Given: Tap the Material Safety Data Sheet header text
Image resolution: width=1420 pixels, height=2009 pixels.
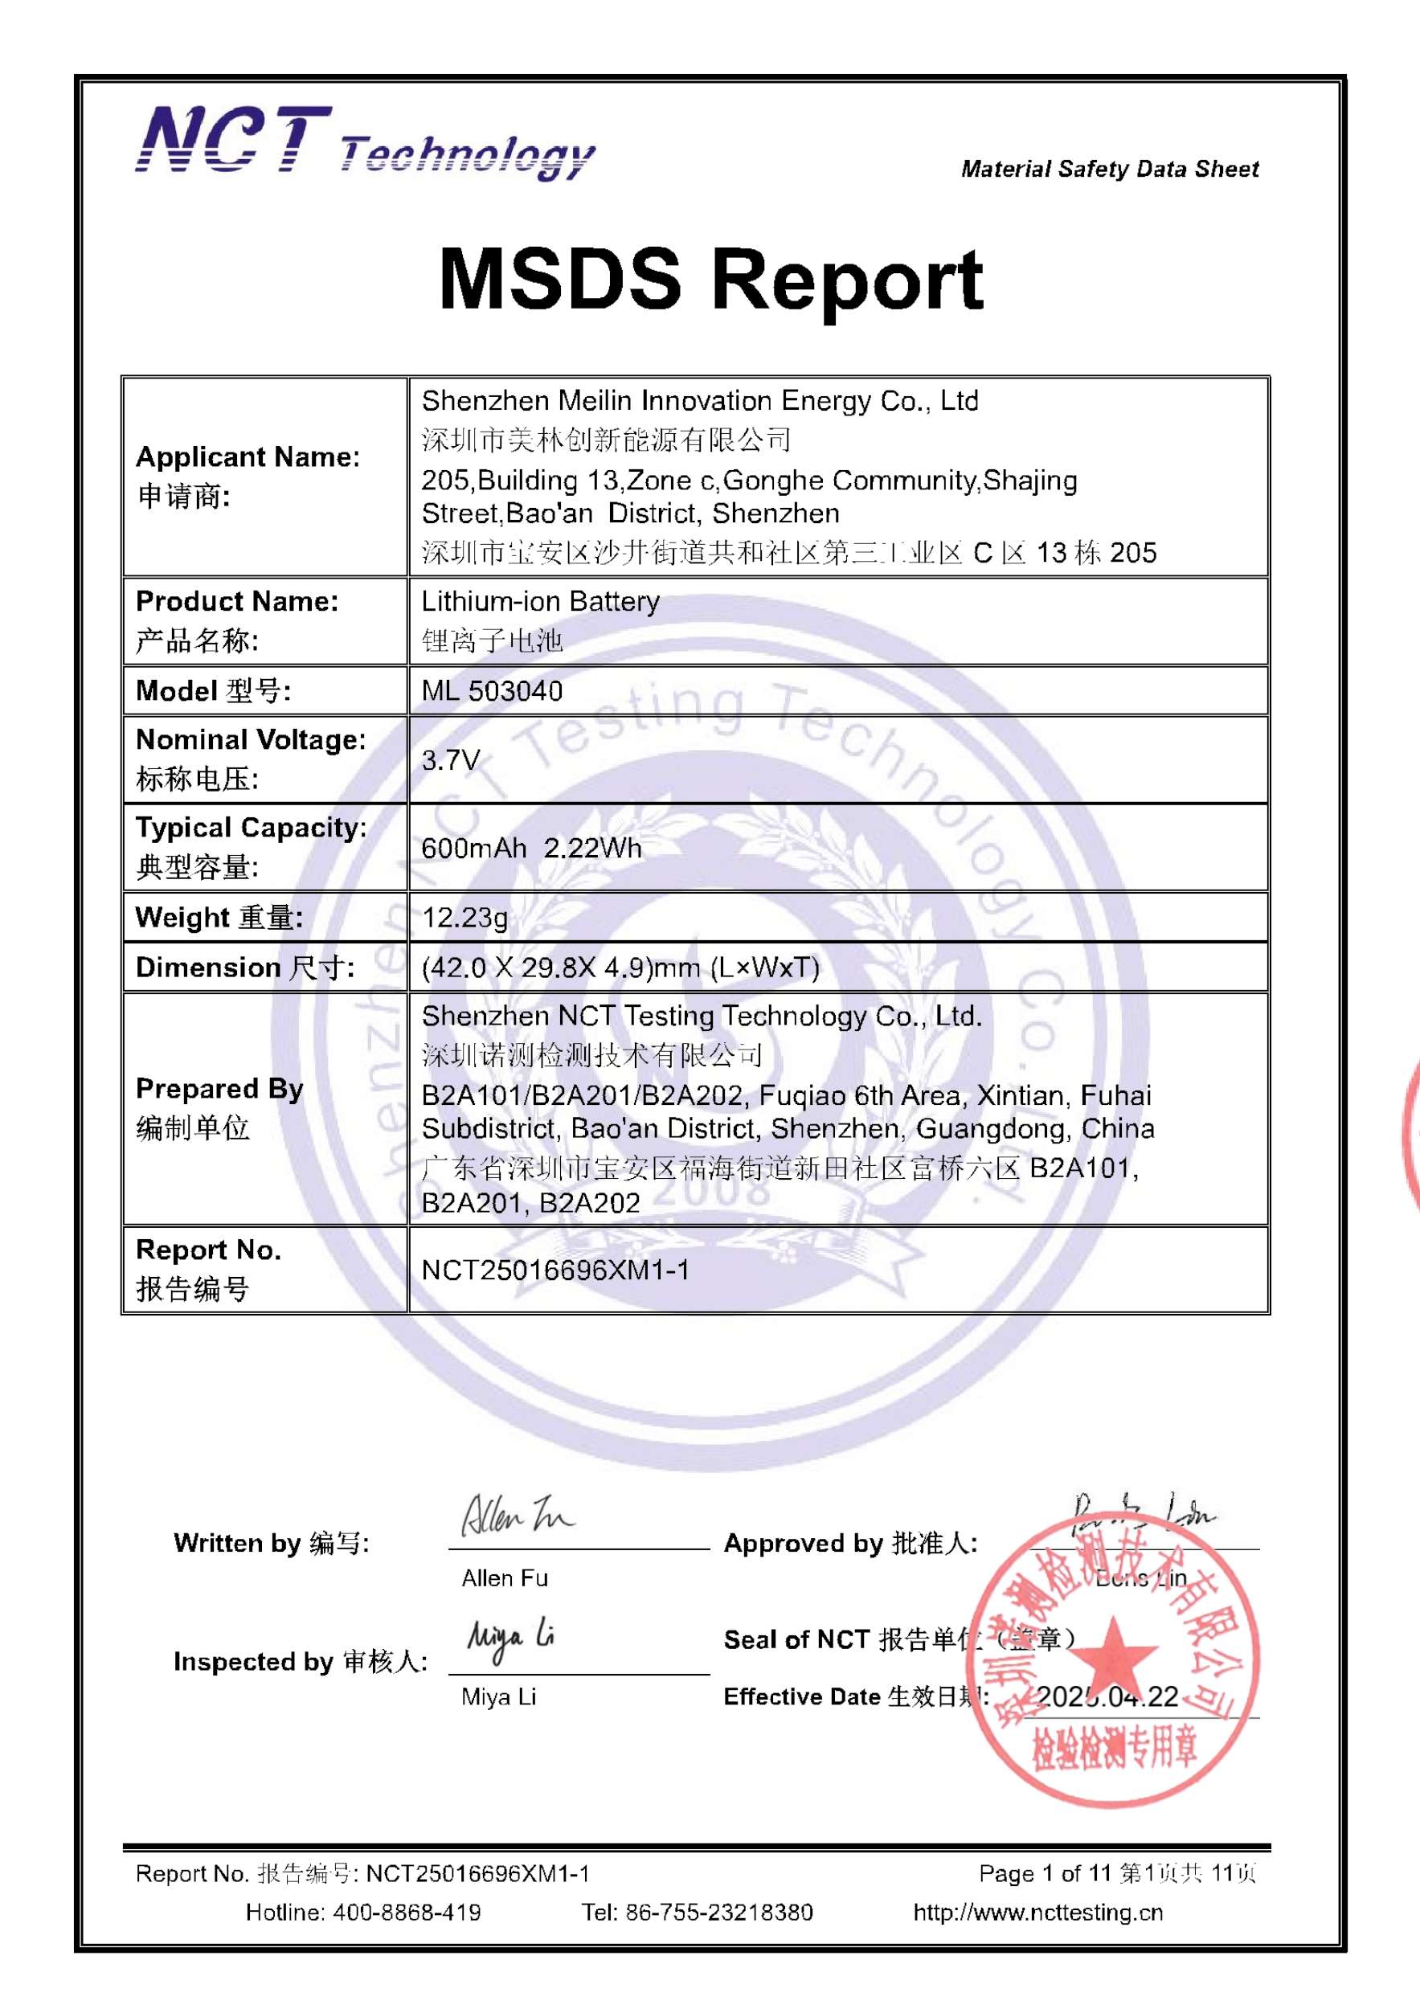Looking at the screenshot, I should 1110,169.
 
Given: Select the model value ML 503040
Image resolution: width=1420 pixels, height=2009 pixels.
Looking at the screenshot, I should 492,691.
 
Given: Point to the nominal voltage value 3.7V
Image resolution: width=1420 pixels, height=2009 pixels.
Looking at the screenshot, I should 451,759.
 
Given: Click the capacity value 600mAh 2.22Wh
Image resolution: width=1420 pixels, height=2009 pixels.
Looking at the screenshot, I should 531,848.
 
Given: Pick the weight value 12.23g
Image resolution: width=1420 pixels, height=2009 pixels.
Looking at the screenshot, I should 464,917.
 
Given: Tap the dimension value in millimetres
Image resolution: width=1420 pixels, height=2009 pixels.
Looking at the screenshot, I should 620,967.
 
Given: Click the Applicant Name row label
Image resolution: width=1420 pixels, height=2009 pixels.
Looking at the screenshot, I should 248,456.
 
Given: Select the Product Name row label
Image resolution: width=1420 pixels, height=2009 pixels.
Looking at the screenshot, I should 236,601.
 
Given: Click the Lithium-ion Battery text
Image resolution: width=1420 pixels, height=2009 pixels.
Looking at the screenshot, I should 540,601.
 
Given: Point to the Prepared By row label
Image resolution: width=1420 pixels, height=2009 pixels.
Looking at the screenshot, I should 219,1089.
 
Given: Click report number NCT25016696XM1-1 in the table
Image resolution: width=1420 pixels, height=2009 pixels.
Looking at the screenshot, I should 554,1270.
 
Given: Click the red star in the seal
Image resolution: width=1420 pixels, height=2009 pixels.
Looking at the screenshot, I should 1113,1651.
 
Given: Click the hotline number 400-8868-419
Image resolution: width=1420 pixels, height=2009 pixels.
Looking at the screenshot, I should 406,1913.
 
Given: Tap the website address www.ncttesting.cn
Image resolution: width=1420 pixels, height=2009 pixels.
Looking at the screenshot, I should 1037,1913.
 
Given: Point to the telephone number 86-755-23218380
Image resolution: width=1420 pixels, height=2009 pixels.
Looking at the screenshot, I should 718,1913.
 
